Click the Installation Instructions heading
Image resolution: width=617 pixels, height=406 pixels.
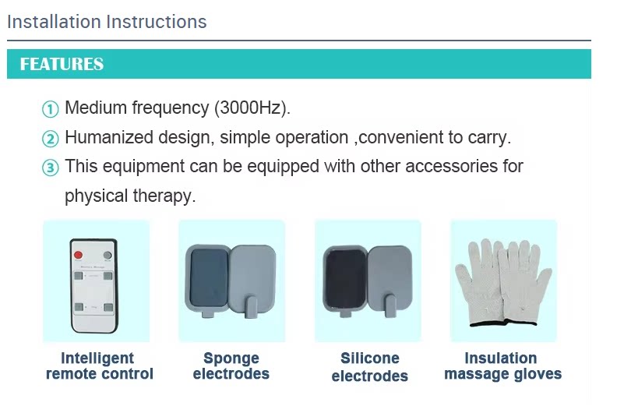[x=107, y=22]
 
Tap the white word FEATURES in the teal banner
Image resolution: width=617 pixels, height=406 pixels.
[x=62, y=64]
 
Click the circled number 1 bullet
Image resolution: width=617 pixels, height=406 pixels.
[x=50, y=109]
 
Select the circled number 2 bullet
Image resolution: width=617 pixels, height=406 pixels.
[x=50, y=139]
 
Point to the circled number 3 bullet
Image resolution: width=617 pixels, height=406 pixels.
[x=50, y=168]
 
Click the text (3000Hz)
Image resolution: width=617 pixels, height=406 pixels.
[x=252, y=108]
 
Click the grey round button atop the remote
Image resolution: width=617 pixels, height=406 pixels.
[x=108, y=256]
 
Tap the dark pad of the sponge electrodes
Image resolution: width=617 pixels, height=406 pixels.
[x=209, y=278]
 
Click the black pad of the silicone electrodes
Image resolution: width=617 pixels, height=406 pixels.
[x=345, y=278]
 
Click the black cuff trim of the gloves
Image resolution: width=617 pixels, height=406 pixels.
[x=503, y=323]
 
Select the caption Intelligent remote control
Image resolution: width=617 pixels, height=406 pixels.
[x=99, y=365]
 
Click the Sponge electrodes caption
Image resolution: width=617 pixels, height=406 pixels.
[x=231, y=365]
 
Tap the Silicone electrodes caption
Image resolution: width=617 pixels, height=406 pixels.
[x=369, y=367]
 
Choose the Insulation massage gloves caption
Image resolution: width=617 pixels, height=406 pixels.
[x=503, y=365]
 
